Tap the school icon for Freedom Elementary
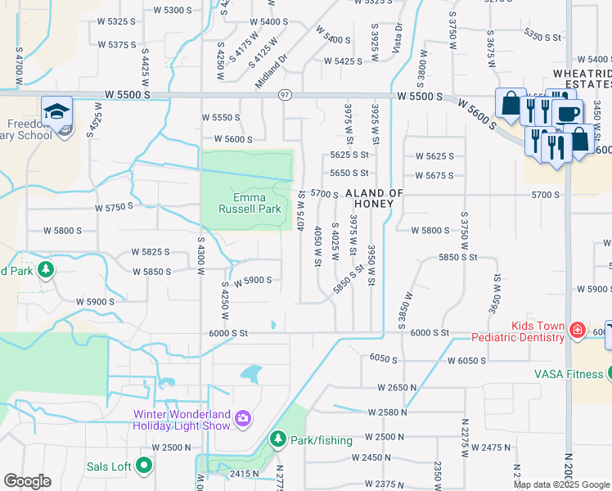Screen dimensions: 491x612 [x=57, y=111]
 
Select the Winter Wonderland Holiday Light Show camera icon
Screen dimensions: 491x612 [x=243, y=419]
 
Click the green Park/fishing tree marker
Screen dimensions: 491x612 [x=277, y=440]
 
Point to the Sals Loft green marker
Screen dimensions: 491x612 [x=145, y=466]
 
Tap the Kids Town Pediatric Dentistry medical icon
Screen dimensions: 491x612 [x=577, y=330]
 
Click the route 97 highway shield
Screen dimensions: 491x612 [x=285, y=95]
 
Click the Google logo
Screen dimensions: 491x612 [x=27, y=481]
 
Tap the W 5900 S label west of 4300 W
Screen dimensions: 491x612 [x=96, y=302]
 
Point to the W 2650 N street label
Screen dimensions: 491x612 [x=398, y=386]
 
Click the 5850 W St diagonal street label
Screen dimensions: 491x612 [x=348, y=280]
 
